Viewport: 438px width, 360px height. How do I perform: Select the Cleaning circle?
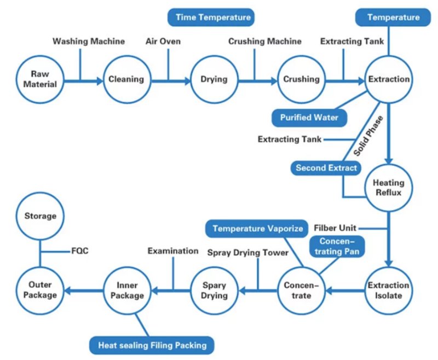(126, 79)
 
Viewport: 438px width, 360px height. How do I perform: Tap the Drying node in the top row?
(214, 79)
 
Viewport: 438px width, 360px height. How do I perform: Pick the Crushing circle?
(301, 79)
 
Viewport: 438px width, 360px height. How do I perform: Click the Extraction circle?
(389, 79)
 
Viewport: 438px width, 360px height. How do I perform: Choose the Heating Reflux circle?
(389, 188)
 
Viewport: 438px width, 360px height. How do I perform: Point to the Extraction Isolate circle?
(389, 290)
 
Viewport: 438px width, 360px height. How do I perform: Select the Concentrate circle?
(301, 290)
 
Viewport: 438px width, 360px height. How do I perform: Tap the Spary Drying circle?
(214, 290)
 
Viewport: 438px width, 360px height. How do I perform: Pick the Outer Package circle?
(39, 290)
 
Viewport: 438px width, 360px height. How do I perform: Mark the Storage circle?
(40, 216)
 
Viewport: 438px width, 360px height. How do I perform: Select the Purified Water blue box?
(309, 118)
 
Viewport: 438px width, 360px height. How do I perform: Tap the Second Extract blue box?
(326, 168)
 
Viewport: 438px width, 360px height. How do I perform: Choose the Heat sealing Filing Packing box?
(152, 345)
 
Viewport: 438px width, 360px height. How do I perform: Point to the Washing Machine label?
(89, 41)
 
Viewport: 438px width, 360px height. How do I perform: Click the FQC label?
(79, 251)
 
